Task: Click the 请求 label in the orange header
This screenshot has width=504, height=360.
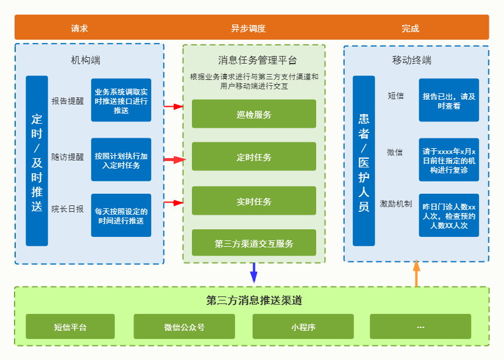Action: point(79,28)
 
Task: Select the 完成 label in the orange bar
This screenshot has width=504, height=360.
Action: point(410,28)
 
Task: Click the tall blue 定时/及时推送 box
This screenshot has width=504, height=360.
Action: point(37,160)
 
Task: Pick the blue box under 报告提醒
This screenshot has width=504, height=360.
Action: point(121,100)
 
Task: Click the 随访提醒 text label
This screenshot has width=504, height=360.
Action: point(68,157)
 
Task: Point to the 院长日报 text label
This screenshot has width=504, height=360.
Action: point(68,209)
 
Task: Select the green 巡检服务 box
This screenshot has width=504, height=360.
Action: point(254,114)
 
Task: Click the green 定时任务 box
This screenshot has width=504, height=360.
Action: point(254,157)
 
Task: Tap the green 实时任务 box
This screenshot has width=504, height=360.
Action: point(254,201)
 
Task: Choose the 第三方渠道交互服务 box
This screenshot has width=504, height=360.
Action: point(254,244)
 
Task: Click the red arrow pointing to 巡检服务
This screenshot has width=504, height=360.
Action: point(174,106)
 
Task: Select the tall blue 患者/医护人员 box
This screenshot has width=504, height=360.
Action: point(363,160)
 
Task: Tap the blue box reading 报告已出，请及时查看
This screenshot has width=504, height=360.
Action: point(449,100)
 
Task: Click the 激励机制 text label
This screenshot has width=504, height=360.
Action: point(396,204)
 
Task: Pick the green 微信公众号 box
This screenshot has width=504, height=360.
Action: point(184,327)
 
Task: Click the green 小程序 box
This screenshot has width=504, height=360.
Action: point(303,327)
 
